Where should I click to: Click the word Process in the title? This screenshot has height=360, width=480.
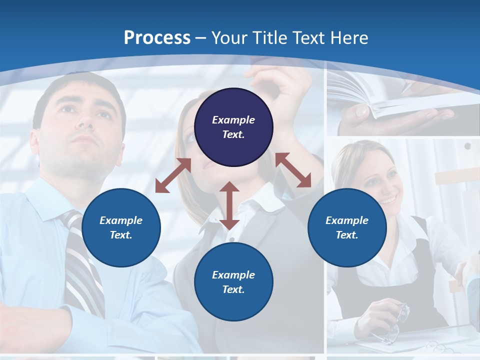pos(157,38)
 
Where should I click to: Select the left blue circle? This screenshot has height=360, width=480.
pos(121,227)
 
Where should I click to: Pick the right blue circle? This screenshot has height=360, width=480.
pos(347,227)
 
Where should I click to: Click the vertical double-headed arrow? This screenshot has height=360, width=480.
pos(229,205)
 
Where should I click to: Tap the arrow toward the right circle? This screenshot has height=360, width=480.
pos(293,170)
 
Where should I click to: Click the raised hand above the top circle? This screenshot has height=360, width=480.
pos(280,82)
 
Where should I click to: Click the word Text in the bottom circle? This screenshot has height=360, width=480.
pos(233,289)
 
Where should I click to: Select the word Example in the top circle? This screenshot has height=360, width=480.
pos(233,120)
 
